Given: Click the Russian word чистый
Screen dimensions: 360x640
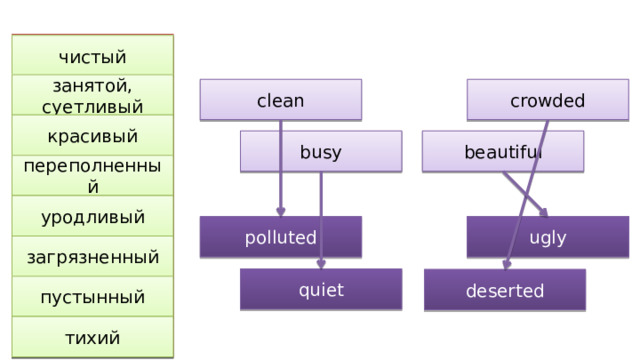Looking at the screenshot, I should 92,56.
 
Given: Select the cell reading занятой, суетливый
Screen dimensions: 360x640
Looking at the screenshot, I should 92,96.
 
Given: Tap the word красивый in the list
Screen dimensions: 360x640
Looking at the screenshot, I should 92,136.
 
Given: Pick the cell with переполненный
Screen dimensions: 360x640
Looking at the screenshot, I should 92,176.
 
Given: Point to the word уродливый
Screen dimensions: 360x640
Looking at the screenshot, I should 92,217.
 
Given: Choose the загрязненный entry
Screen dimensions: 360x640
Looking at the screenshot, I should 92,257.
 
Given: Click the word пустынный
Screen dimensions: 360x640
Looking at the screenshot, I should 92,297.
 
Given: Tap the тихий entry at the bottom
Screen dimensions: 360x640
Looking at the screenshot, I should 92,338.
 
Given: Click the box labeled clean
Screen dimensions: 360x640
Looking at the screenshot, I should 280,100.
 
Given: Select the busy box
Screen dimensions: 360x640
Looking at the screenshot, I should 320,152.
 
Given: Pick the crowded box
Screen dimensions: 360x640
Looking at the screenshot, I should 547,100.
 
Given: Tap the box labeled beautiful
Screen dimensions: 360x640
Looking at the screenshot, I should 502,152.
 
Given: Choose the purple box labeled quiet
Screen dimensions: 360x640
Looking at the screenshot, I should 320,290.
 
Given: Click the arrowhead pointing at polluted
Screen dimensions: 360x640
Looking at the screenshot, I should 281,212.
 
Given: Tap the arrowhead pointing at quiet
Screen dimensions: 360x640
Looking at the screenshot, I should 321,265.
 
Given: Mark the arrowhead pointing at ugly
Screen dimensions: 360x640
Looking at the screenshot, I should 542,211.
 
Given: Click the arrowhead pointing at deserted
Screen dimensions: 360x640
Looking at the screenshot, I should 507,266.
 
